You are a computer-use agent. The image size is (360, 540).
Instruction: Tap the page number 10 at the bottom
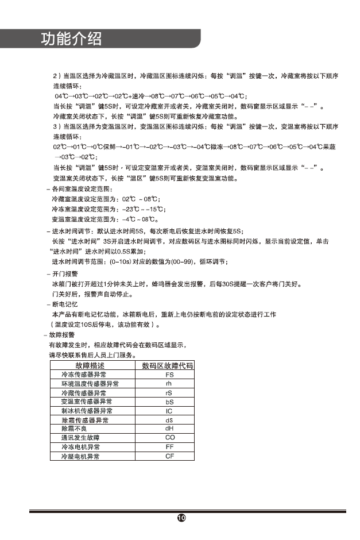coord(180,518)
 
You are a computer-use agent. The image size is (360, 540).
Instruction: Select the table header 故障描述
coord(90,365)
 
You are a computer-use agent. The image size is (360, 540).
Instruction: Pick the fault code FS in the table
coord(169,375)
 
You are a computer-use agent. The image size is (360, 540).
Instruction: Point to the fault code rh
coord(169,384)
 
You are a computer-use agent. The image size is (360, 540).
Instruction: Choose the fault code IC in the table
coord(169,411)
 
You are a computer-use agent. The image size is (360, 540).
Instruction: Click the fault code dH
coord(169,429)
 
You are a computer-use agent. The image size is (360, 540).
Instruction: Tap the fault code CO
coord(169,438)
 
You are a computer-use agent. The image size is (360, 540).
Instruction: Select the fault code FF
coord(169,447)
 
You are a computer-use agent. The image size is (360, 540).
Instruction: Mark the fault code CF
coord(169,456)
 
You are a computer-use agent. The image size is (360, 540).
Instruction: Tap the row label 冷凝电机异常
coord(80,456)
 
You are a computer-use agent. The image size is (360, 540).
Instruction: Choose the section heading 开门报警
coord(65,275)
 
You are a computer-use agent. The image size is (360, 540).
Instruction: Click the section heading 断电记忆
coord(65,304)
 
